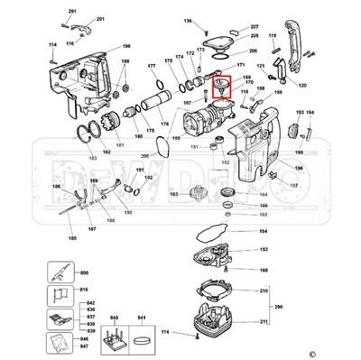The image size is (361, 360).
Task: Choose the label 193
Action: point(299,113)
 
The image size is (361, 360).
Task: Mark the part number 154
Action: point(264,232)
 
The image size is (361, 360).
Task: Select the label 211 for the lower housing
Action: point(264,320)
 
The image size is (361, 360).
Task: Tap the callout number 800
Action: point(85,272)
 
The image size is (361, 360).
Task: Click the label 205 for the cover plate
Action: point(228,38)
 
